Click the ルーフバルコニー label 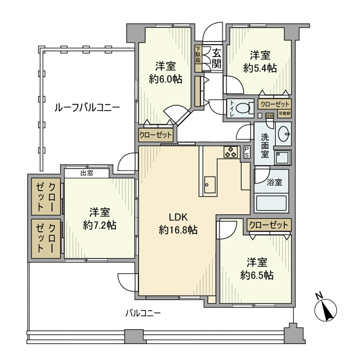click(87, 107)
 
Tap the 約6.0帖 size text click(165, 79)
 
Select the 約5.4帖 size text click(260, 67)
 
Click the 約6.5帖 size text click(257, 275)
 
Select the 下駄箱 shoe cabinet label click(198, 55)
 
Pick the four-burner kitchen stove click(230, 152)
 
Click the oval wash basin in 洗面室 click(282, 134)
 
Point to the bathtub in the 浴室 click(272, 202)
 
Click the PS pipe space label click(247, 152)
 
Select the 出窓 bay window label click(87, 173)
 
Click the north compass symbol click(325, 309)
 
